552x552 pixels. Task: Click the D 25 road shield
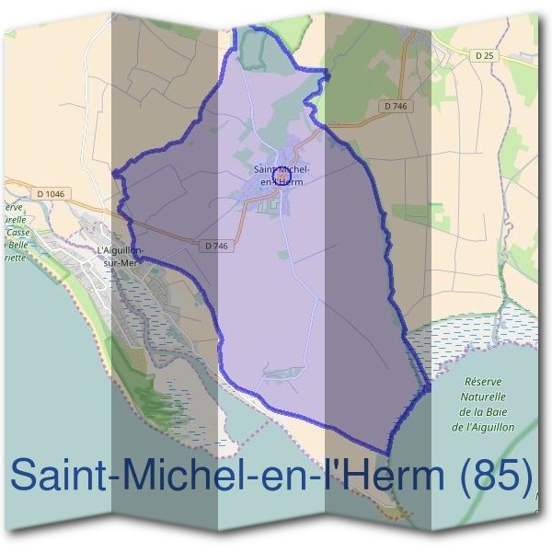pos(485,56)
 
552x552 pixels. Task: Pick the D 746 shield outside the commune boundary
pos(397,107)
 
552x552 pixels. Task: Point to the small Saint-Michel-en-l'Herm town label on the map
pos(281,175)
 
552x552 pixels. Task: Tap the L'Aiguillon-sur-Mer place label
pos(121,255)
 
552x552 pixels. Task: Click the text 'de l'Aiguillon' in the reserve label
pos(483,428)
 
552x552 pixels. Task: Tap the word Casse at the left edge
pos(17,233)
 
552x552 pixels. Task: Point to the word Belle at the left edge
pos(17,246)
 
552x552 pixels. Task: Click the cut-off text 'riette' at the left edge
pos(16,258)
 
